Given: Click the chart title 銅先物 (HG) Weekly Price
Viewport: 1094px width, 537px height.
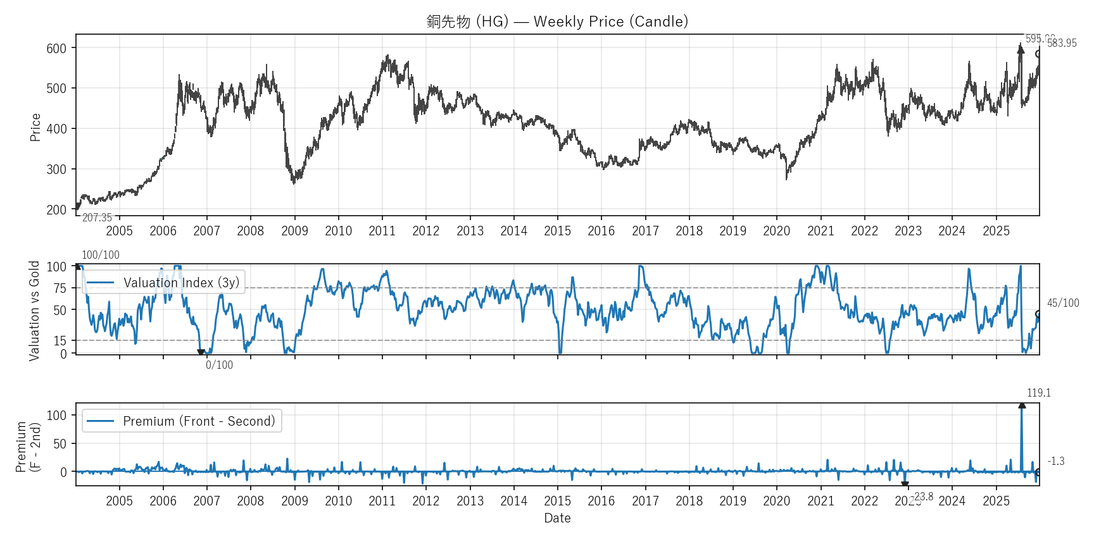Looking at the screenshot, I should [x=557, y=22].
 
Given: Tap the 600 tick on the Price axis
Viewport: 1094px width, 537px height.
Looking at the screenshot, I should [x=56, y=49].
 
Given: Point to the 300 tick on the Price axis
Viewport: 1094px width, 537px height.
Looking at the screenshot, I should [x=56, y=170].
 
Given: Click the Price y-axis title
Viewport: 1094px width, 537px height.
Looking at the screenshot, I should [x=35, y=127].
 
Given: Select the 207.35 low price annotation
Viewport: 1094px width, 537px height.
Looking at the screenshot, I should [x=97, y=218].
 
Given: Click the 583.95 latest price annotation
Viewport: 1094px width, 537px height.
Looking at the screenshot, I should [x=1062, y=43].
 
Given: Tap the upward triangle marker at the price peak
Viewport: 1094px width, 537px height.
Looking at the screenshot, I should [x=1021, y=49].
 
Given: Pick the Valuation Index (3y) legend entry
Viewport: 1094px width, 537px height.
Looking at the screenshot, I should [x=163, y=282].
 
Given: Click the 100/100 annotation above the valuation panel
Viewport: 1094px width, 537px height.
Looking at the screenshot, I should [x=101, y=255].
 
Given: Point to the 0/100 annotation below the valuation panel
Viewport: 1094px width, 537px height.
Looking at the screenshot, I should [x=219, y=365].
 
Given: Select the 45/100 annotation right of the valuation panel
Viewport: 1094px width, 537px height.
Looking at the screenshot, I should [x=1063, y=303].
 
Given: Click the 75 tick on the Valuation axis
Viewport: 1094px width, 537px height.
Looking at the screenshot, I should [x=60, y=288].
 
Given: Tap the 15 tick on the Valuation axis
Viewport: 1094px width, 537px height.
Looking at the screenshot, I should [x=60, y=341].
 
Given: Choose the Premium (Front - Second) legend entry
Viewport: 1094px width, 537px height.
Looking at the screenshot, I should [x=182, y=421].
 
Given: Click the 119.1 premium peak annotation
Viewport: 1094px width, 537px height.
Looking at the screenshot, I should [x=1038, y=393].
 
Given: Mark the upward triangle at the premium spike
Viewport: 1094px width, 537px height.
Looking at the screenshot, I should [x=1022, y=405].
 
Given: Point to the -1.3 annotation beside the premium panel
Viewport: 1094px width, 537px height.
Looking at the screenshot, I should [x=1056, y=461].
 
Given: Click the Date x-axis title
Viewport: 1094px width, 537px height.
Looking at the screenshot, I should [x=557, y=518].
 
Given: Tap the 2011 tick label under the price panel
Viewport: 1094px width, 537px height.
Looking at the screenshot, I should [x=382, y=231].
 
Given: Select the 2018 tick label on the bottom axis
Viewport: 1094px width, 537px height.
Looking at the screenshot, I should [x=689, y=501].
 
